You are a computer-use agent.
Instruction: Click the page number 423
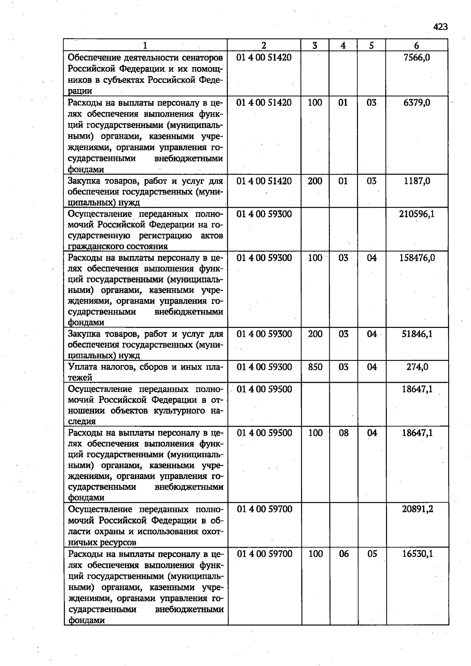coord(440,27)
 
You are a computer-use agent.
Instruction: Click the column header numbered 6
coord(416,46)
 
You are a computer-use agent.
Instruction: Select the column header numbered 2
coord(264,46)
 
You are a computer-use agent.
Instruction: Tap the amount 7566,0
coord(416,58)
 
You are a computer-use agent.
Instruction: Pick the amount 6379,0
coord(416,103)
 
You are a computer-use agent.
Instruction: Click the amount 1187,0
coord(417,181)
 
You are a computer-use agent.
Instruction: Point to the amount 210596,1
coord(417,214)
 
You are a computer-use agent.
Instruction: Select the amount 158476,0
coord(417,258)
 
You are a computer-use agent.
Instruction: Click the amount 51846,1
coord(417,334)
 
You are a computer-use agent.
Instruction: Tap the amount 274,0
coord(417,367)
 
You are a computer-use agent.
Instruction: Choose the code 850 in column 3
coord(315,367)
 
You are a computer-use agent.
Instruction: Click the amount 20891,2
coord(417,509)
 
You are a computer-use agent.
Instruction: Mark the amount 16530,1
coord(417,554)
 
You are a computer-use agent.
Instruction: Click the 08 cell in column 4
coord(343,433)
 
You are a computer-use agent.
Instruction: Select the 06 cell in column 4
coord(344,554)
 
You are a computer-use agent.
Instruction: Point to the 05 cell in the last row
coord(372,554)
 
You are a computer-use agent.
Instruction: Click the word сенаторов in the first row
coord(203,58)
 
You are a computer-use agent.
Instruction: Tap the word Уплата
coord(82,368)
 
